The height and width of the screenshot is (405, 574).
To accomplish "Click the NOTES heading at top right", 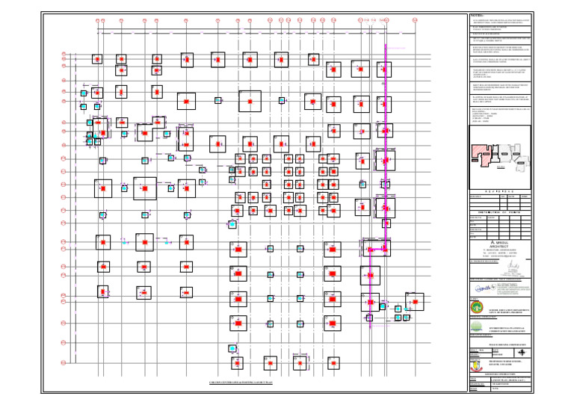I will click(478, 15).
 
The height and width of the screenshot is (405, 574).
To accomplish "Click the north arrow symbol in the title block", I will click(520, 352).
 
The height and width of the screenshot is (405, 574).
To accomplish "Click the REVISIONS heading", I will click(501, 191).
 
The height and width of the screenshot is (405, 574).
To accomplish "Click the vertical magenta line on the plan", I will click(386, 149).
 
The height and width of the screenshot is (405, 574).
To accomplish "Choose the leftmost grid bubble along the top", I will click(99, 20).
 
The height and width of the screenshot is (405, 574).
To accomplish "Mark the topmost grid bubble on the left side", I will click(64, 53).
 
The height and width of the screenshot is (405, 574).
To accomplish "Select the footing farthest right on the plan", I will click(414, 301).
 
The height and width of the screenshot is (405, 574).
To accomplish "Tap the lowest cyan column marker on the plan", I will click(232, 348).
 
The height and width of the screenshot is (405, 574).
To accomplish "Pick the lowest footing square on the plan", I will click(237, 364).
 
